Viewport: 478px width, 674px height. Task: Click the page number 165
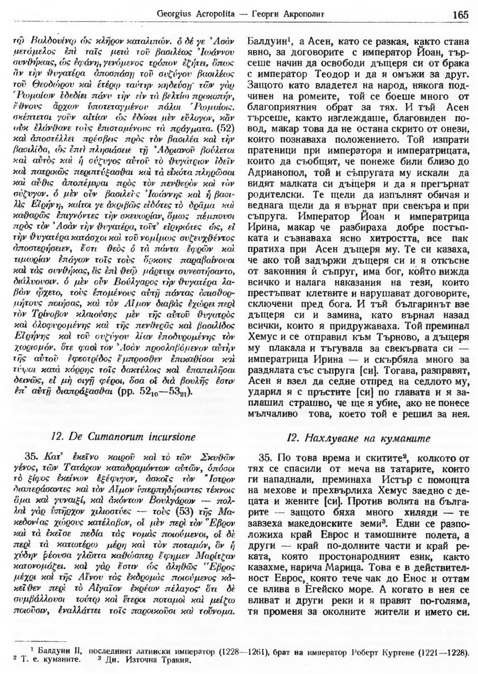[x=460, y=15]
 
